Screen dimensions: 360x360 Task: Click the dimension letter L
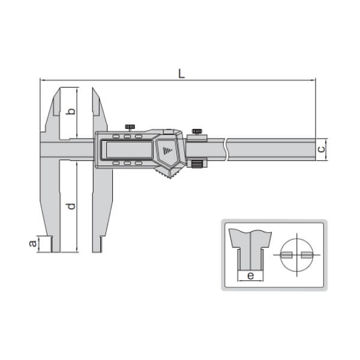pyautogui.click(x=181, y=73)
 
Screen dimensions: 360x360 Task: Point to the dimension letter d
pyautogui.click(x=70, y=206)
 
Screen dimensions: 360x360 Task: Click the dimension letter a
pyautogui.click(x=32, y=243)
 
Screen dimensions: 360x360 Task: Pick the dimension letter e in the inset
pyautogui.click(x=250, y=277)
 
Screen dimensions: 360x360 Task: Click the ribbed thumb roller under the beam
pyautogui.click(x=196, y=164)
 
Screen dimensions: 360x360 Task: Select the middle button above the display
pyautogui.click(x=128, y=136)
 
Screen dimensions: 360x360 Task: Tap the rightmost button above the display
pyautogui.click(x=139, y=136)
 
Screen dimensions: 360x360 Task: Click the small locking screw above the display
pyautogui.click(x=130, y=127)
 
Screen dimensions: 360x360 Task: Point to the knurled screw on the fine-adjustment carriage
pyautogui.click(x=196, y=131)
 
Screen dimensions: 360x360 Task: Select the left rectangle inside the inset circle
pyautogui.click(x=287, y=254)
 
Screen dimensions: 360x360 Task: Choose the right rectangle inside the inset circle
pyautogui.click(x=307, y=254)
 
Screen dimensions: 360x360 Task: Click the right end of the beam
pyautogui.click(x=314, y=148)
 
